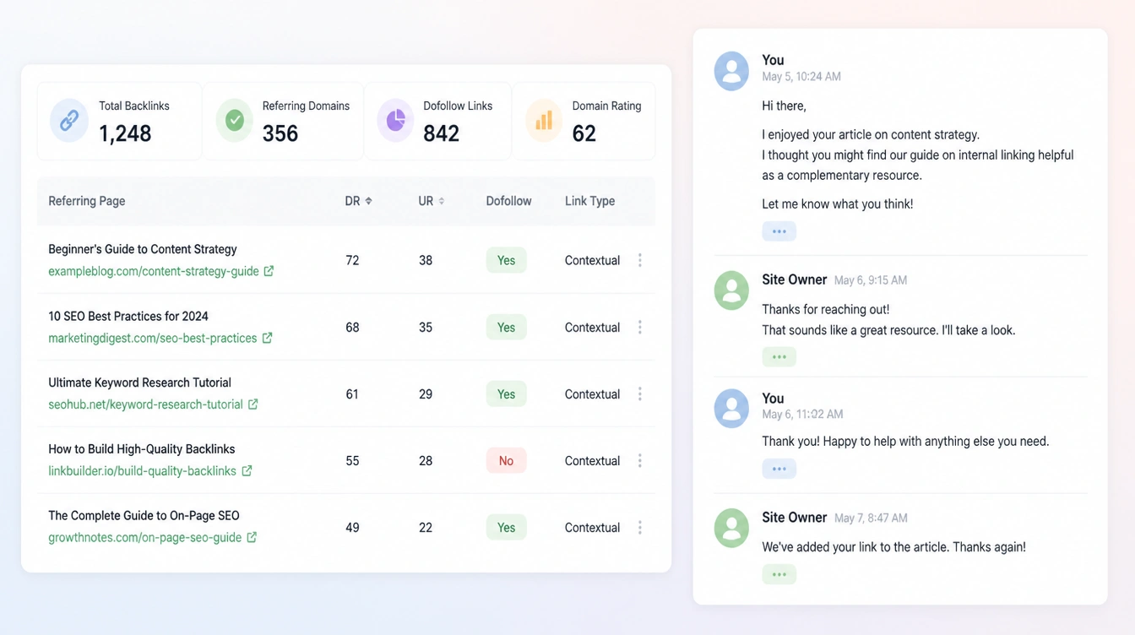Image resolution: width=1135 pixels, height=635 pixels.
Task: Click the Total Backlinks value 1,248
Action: tap(125, 133)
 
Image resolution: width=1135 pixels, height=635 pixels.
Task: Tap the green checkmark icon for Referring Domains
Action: tap(235, 121)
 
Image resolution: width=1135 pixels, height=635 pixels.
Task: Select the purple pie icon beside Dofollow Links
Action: tap(396, 121)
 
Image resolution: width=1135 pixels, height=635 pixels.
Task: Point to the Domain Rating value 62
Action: tap(584, 133)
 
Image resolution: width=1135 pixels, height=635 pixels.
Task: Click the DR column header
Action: tap(358, 201)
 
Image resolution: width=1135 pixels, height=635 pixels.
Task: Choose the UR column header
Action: tap(432, 201)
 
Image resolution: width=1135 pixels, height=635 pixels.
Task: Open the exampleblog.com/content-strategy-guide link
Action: tap(154, 271)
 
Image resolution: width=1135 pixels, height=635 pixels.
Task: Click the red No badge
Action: tap(506, 461)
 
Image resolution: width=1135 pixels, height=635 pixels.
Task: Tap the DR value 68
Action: tap(352, 328)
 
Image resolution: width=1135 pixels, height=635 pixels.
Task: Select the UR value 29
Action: tap(426, 394)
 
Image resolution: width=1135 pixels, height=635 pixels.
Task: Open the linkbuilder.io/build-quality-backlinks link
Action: tap(143, 471)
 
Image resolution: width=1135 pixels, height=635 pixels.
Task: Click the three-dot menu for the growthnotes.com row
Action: tap(640, 528)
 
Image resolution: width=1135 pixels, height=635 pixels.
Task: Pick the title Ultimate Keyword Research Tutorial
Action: tap(140, 383)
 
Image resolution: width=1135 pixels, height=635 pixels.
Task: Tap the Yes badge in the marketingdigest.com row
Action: tap(506, 328)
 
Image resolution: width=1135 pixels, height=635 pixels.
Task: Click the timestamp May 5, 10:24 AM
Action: tap(801, 77)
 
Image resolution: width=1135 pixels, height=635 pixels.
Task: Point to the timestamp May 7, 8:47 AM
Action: tap(871, 518)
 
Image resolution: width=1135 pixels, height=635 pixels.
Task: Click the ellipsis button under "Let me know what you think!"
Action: tap(779, 231)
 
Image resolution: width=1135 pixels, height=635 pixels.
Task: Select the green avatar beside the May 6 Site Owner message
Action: tap(731, 290)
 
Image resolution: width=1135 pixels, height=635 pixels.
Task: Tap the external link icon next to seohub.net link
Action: tap(253, 404)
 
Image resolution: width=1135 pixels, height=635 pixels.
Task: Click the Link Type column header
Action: tap(589, 201)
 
